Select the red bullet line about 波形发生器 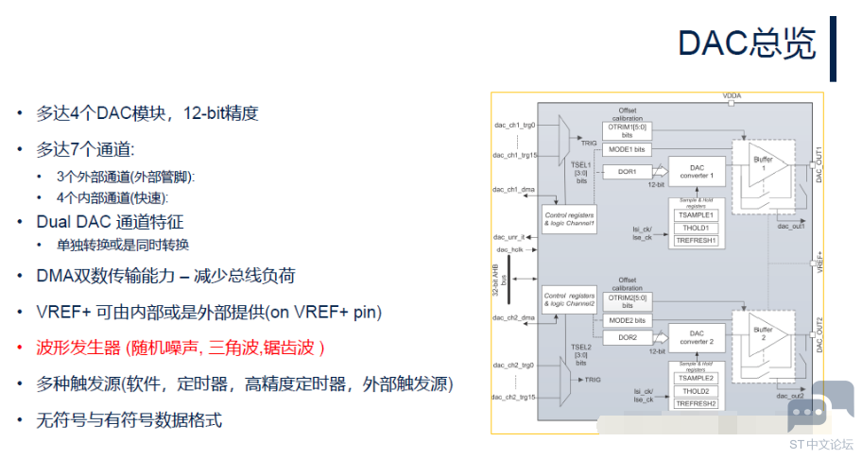(x=180, y=348)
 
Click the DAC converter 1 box (x=698, y=171)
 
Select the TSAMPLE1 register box (x=698, y=215)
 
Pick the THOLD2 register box (x=698, y=391)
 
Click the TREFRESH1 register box (x=698, y=241)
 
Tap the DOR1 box (x=627, y=172)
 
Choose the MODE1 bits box (x=627, y=149)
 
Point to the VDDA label (x=733, y=96)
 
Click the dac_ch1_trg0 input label (x=515, y=125)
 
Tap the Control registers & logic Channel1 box (x=570, y=218)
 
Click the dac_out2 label (x=790, y=396)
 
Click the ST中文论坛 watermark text (x=821, y=443)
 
